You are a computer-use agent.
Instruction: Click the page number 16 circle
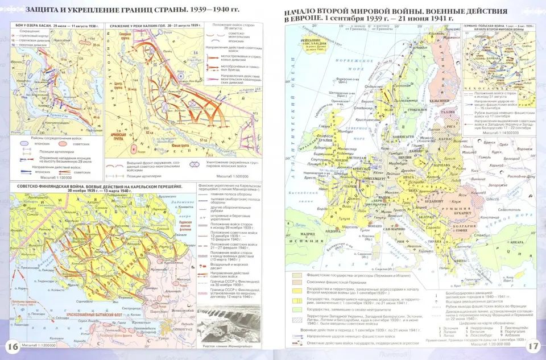click(x=12, y=347)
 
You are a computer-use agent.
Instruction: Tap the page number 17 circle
click(x=533, y=346)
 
